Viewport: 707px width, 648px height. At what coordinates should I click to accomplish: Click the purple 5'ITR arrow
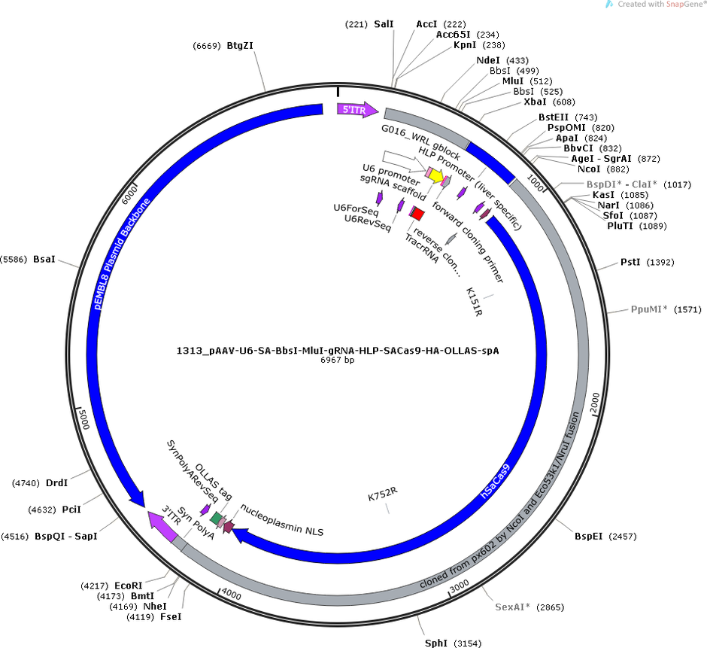357,110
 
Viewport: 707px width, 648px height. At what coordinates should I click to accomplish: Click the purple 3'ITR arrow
164,525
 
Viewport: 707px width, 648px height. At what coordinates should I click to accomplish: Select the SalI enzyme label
384,24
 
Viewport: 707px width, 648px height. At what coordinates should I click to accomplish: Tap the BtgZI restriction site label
240,46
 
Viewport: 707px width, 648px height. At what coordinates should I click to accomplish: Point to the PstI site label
630,262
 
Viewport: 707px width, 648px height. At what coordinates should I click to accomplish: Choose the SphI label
436,643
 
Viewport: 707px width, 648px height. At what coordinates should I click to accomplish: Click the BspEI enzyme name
588,536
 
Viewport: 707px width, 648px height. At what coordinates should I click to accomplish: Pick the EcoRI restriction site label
129,586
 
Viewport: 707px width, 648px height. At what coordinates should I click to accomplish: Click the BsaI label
44,260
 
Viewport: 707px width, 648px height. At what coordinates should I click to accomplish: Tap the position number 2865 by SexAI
550,607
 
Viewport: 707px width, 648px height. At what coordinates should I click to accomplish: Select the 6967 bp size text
337,360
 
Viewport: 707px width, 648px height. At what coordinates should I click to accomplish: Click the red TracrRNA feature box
417,214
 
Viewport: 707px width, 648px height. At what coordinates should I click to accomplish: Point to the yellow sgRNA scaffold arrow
436,175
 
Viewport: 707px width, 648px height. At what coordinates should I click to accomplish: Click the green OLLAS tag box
217,518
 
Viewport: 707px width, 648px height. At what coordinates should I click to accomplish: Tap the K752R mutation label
383,494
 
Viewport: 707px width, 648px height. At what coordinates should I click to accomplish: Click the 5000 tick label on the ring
84,418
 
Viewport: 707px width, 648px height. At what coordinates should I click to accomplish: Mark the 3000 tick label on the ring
460,586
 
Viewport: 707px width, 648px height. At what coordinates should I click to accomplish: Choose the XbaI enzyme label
535,102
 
